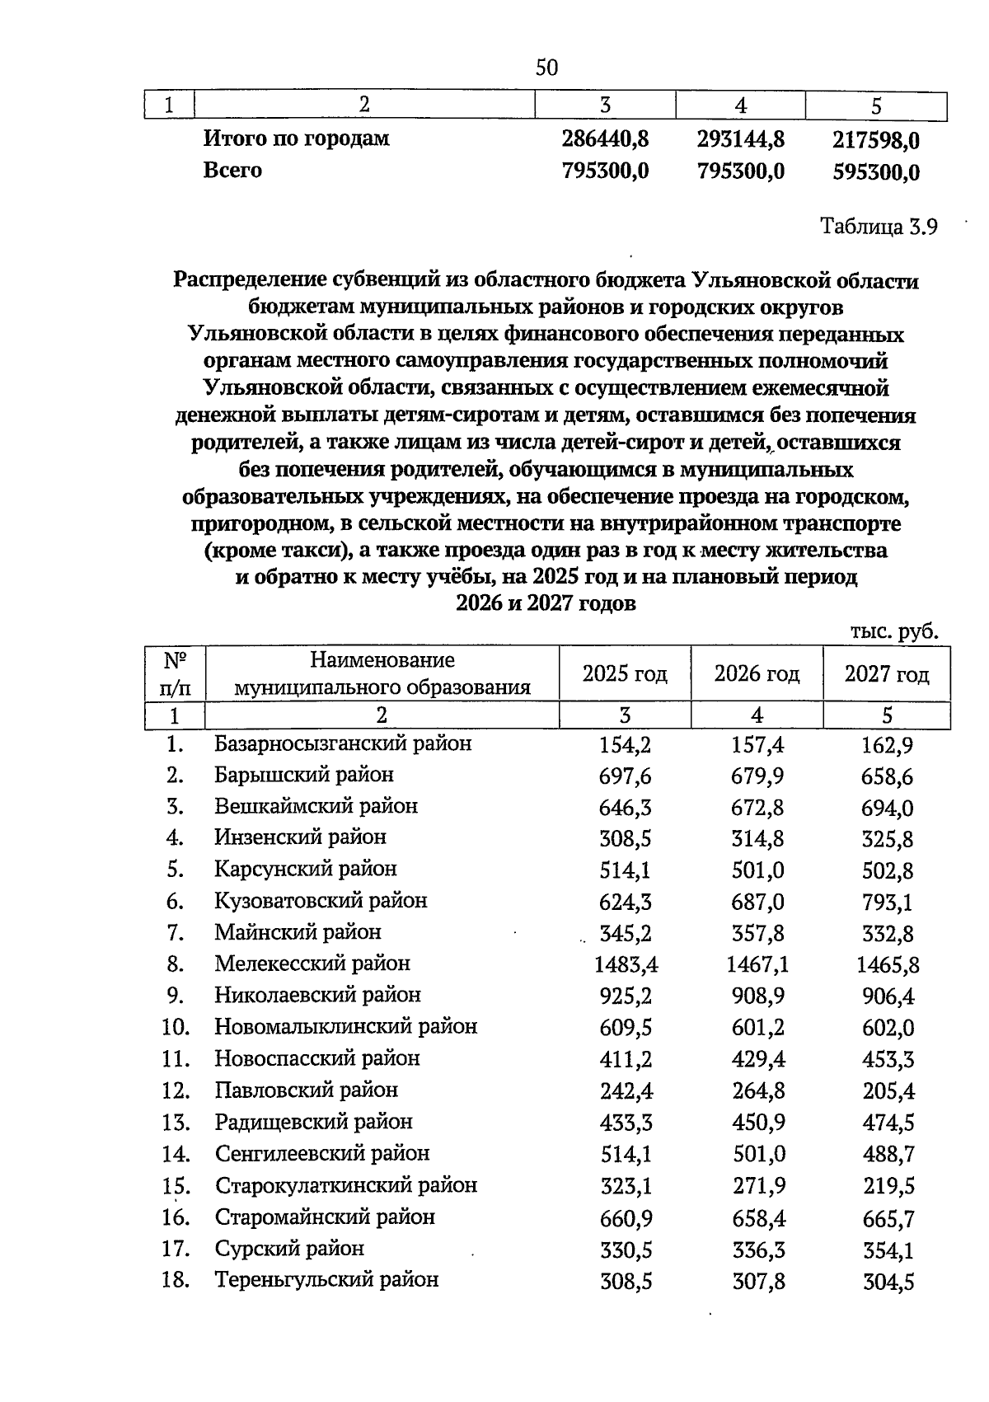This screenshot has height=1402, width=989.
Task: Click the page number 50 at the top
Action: tap(546, 68)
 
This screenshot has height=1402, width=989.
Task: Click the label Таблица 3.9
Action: tap(879, 227)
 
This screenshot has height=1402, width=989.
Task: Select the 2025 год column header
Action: tap(624, 674)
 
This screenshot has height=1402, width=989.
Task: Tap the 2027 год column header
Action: tap(886, 674)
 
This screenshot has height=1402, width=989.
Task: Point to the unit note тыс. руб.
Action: tap(893, 631)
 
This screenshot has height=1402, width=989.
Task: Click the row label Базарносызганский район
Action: tap(343, 743)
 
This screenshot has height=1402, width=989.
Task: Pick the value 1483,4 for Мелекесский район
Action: tap(626, 964)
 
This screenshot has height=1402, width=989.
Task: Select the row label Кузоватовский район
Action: tap(321, 900)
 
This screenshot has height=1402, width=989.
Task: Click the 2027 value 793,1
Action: tap(887, 902)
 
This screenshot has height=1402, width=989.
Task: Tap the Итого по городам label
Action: tap(296, 138)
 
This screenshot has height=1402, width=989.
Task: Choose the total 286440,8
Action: tap(605, 139)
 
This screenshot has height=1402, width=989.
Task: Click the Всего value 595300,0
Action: tap(875, 171)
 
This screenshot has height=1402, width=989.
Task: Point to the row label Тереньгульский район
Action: tap(326, 1279)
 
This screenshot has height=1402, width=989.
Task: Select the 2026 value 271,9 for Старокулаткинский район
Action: tap(758, 1185)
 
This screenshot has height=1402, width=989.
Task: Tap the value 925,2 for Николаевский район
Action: tap(625, 996)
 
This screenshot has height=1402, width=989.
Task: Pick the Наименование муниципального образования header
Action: tap(382, 673)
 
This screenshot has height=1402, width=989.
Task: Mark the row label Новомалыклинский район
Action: tap(345, 1027)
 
